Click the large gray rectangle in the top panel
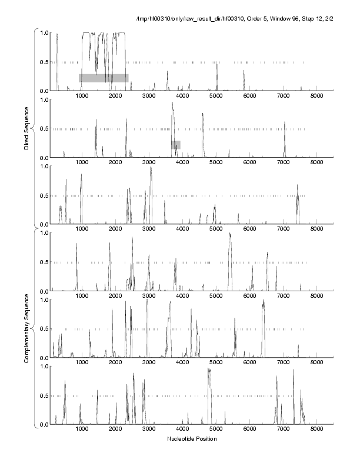click(x=104, y=78)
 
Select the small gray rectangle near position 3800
click(x=176, y=144)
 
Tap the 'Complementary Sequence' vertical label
click(x=27, y=329)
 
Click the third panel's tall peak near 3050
click(x=151, y=168)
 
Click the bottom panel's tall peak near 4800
click(x=209, y=370)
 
